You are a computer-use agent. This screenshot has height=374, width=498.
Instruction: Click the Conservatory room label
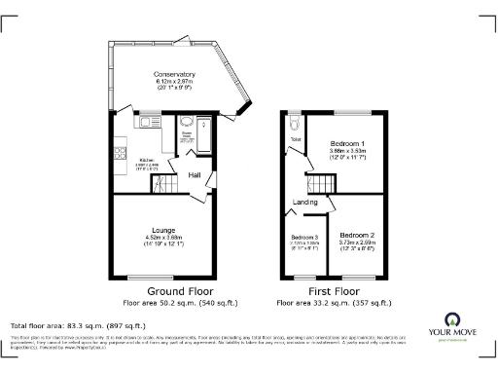coord(175,74)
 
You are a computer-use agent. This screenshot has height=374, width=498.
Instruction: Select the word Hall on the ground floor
coord(195,175)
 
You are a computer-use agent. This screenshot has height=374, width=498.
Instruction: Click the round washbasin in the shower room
coord(187,124)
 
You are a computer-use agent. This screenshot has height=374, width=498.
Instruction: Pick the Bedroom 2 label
coord(356,236)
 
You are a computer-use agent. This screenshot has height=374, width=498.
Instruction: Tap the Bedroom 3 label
coord(304,238)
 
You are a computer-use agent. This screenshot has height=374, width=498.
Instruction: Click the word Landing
coord(305,202)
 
